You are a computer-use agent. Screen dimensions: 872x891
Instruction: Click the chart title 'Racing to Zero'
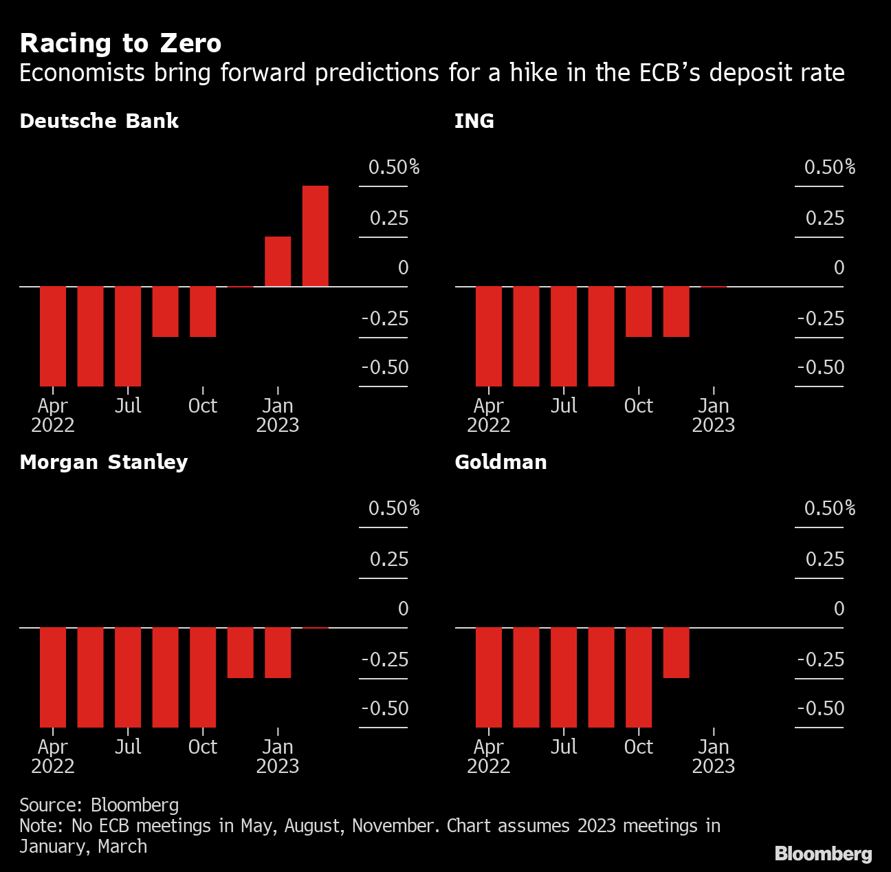(120, 43)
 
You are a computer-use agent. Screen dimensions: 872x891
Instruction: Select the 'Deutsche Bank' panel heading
(99, 121)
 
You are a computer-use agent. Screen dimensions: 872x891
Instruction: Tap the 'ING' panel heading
(474, 121)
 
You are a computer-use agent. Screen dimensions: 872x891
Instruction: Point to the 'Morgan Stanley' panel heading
(104, 461)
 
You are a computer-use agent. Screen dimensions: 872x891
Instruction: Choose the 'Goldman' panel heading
(500, 461)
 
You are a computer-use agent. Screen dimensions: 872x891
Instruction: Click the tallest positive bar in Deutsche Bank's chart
(316, 236)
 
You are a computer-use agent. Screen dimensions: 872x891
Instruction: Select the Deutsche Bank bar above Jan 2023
(278, 261)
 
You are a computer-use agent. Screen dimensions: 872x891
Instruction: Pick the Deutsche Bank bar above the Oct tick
(203, 312)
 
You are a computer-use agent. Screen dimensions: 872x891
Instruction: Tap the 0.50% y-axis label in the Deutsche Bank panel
(393, 167)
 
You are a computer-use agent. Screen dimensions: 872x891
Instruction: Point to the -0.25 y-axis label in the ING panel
(820, 318)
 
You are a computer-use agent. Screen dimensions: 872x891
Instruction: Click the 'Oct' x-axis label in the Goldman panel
(638, 747)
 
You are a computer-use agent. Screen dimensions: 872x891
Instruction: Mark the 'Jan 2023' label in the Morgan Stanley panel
(278, 756)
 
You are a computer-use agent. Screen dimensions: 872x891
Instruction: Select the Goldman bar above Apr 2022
(489, 677)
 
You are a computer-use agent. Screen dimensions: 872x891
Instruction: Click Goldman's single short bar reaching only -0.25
(676, 653)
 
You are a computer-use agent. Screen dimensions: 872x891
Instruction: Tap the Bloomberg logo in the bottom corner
(823, 853)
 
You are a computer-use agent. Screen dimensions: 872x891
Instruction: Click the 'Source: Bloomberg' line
(99, 805)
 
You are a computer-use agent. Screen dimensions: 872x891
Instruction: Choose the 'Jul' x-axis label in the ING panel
(564, 406)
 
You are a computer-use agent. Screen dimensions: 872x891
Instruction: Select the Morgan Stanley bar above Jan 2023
(278, 653)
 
